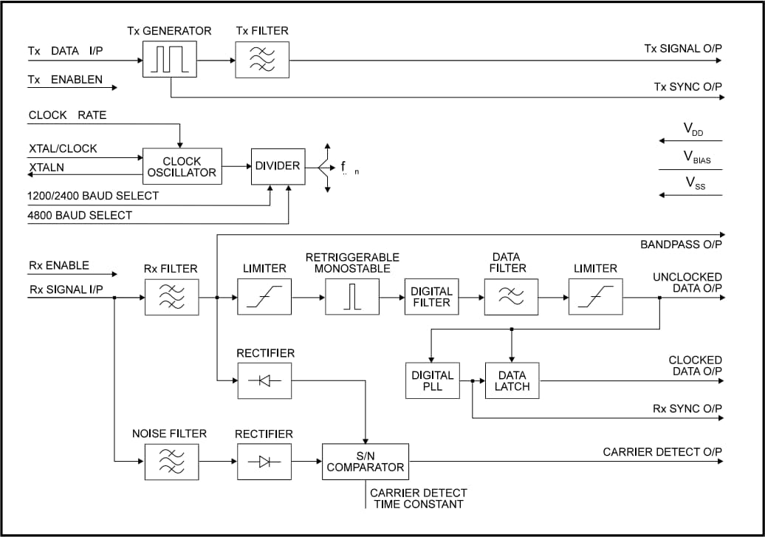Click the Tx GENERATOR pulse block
[170, 60]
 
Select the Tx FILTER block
[262, 60]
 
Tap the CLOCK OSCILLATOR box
[182, 167]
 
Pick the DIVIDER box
[278, 166]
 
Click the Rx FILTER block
[171, 297]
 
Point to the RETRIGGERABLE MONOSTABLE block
[352, 297]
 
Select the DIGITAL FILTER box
[431, 297]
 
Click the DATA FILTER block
[511, 297]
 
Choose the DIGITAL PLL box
[433, 381]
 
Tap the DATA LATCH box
[512, 381]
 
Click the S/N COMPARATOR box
[366, 462]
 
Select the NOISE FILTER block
[171, 462]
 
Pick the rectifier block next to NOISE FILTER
[264, 462]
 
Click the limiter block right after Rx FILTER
[264, 297]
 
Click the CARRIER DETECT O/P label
[662, 452]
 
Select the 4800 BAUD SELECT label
[80, 215]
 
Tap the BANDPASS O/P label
[681, 244]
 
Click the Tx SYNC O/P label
[687, 87]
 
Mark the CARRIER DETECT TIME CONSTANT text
[418, 499]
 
